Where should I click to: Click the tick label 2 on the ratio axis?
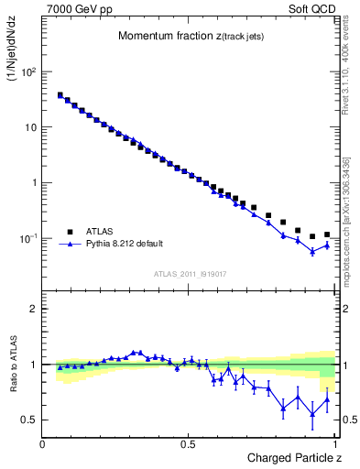[34, 309]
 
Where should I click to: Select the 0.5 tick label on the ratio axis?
[30, 420]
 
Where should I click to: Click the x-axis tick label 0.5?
[189, 443]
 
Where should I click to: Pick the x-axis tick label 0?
[43, 443]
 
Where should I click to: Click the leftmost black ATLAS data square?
[60, 94]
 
